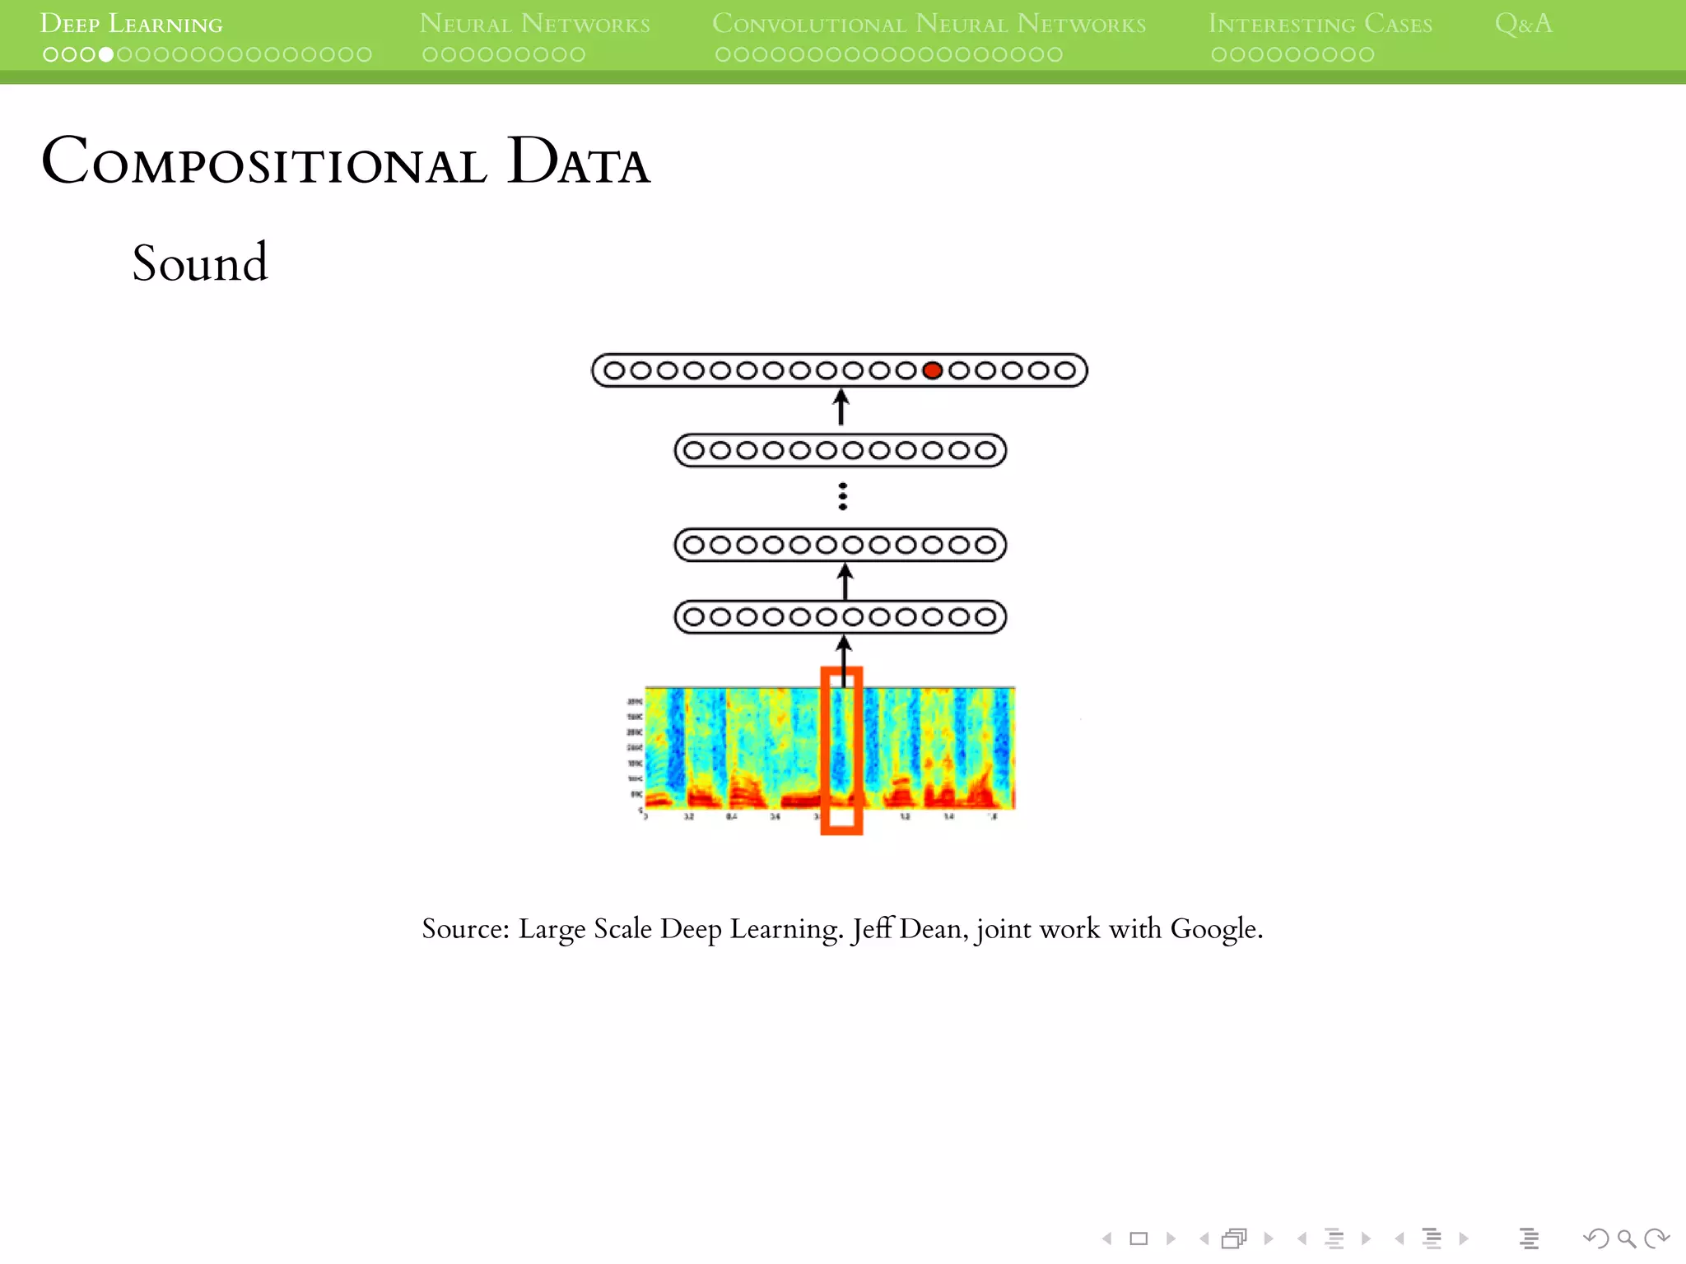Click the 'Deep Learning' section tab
[131, 24]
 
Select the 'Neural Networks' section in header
[534, 24]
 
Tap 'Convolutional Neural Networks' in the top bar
[929, 24]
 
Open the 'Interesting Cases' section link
[1320, 24]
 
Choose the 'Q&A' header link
[1523, 24]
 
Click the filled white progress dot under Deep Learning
[106, 55]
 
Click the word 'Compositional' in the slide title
[263, 161]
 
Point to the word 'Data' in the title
[578, 161]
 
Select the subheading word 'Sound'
[200, 263]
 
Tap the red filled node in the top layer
[932, 370]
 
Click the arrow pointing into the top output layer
[841, 407]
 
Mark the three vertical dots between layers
[842, 496]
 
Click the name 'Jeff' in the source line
[872, 928]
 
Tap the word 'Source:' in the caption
[466, 928]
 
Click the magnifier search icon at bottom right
[1626, 1238]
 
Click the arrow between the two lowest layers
[845, 581]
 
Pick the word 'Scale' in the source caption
[622, 928]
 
